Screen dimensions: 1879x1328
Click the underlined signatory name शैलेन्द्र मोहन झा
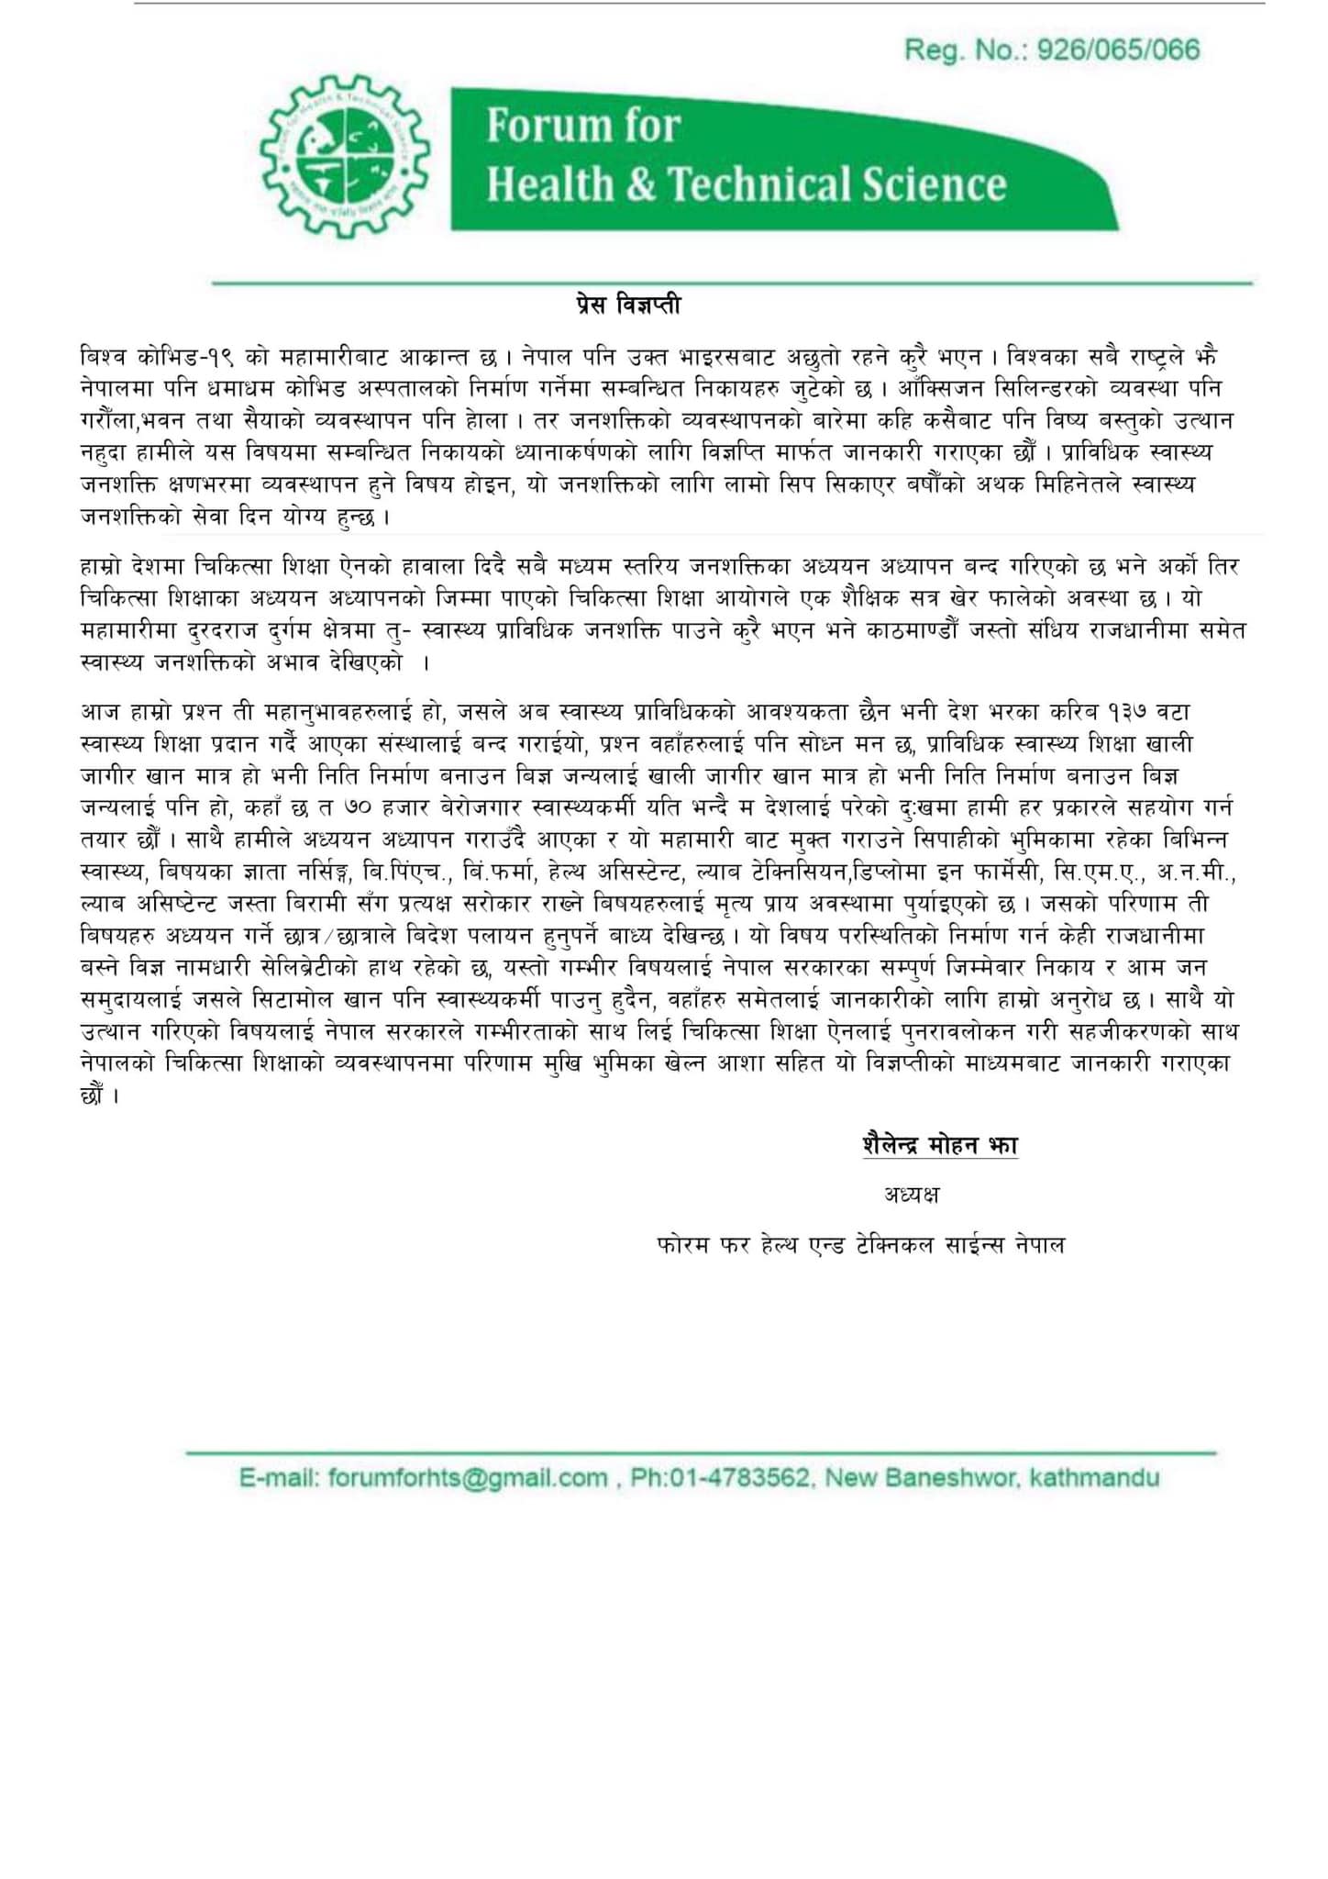pyautogui.click(x=940, y=1146)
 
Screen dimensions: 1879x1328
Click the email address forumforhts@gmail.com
pyautogui.click(x=467, y=1478)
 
